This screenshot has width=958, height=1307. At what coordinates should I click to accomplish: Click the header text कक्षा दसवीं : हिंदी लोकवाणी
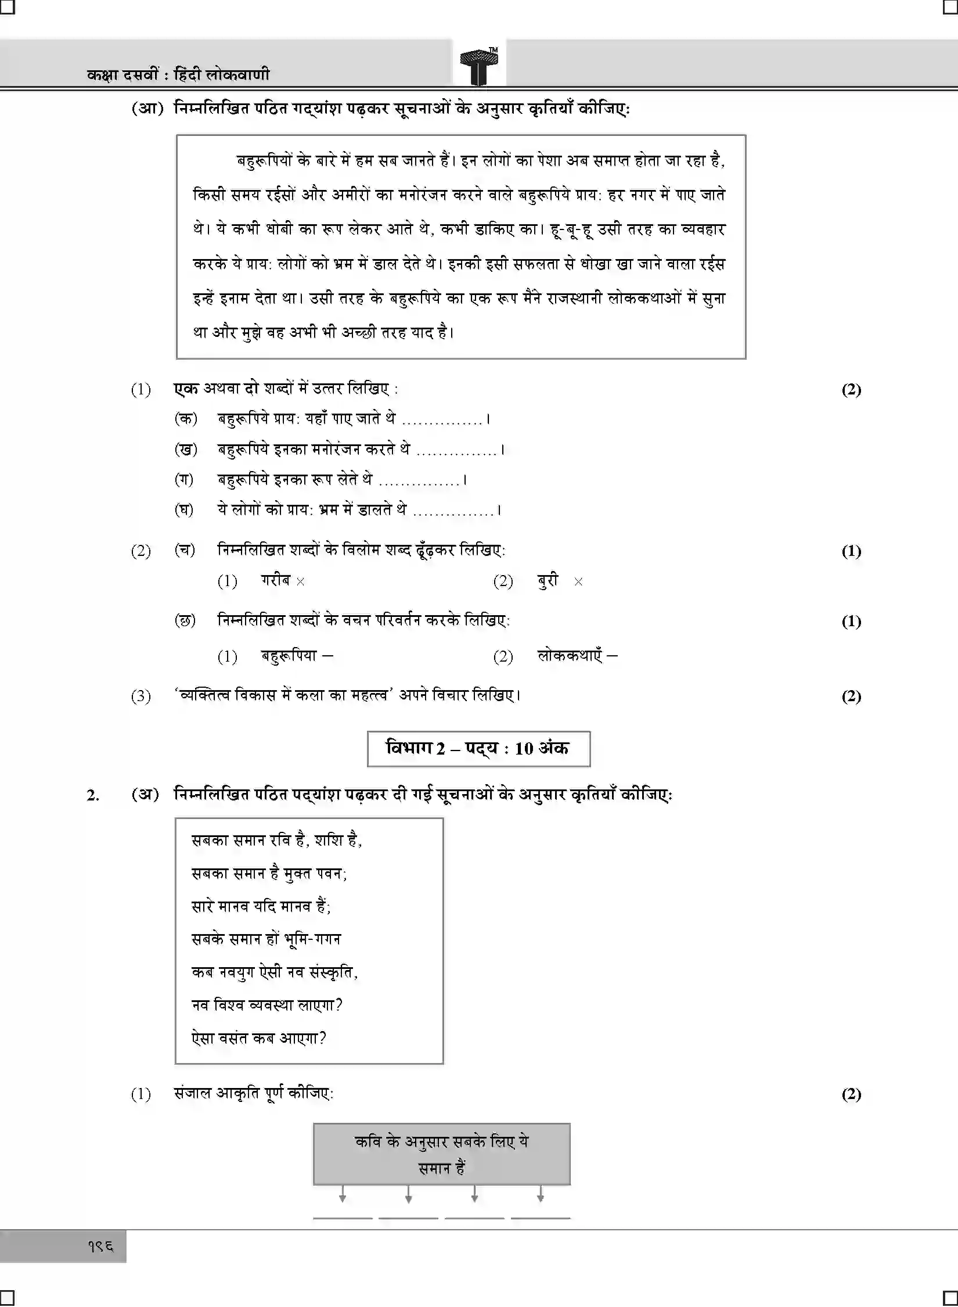[178, 74]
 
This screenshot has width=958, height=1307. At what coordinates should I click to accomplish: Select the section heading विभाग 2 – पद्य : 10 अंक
[478, 748]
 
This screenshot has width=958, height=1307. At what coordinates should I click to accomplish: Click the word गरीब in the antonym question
[275, 580]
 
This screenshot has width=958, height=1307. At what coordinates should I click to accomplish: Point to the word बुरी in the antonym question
[548, 580]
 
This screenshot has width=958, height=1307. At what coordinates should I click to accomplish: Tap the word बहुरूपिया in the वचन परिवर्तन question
[289, 656]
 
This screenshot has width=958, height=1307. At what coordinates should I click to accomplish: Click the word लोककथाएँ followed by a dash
[571, 656]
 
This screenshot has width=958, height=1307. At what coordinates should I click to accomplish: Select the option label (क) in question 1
[186, 418]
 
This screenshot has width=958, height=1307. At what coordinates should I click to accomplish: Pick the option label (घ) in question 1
[185, 509]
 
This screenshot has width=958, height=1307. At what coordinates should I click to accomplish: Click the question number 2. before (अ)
[92, 795]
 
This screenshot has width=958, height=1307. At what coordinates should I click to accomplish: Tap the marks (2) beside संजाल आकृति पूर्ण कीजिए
[851, 1094]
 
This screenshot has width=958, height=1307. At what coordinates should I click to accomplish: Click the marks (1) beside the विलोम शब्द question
[851, 551]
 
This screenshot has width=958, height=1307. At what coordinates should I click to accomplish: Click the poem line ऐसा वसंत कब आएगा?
[259, 1037]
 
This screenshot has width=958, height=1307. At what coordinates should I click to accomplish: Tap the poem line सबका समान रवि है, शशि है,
[277, 840]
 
